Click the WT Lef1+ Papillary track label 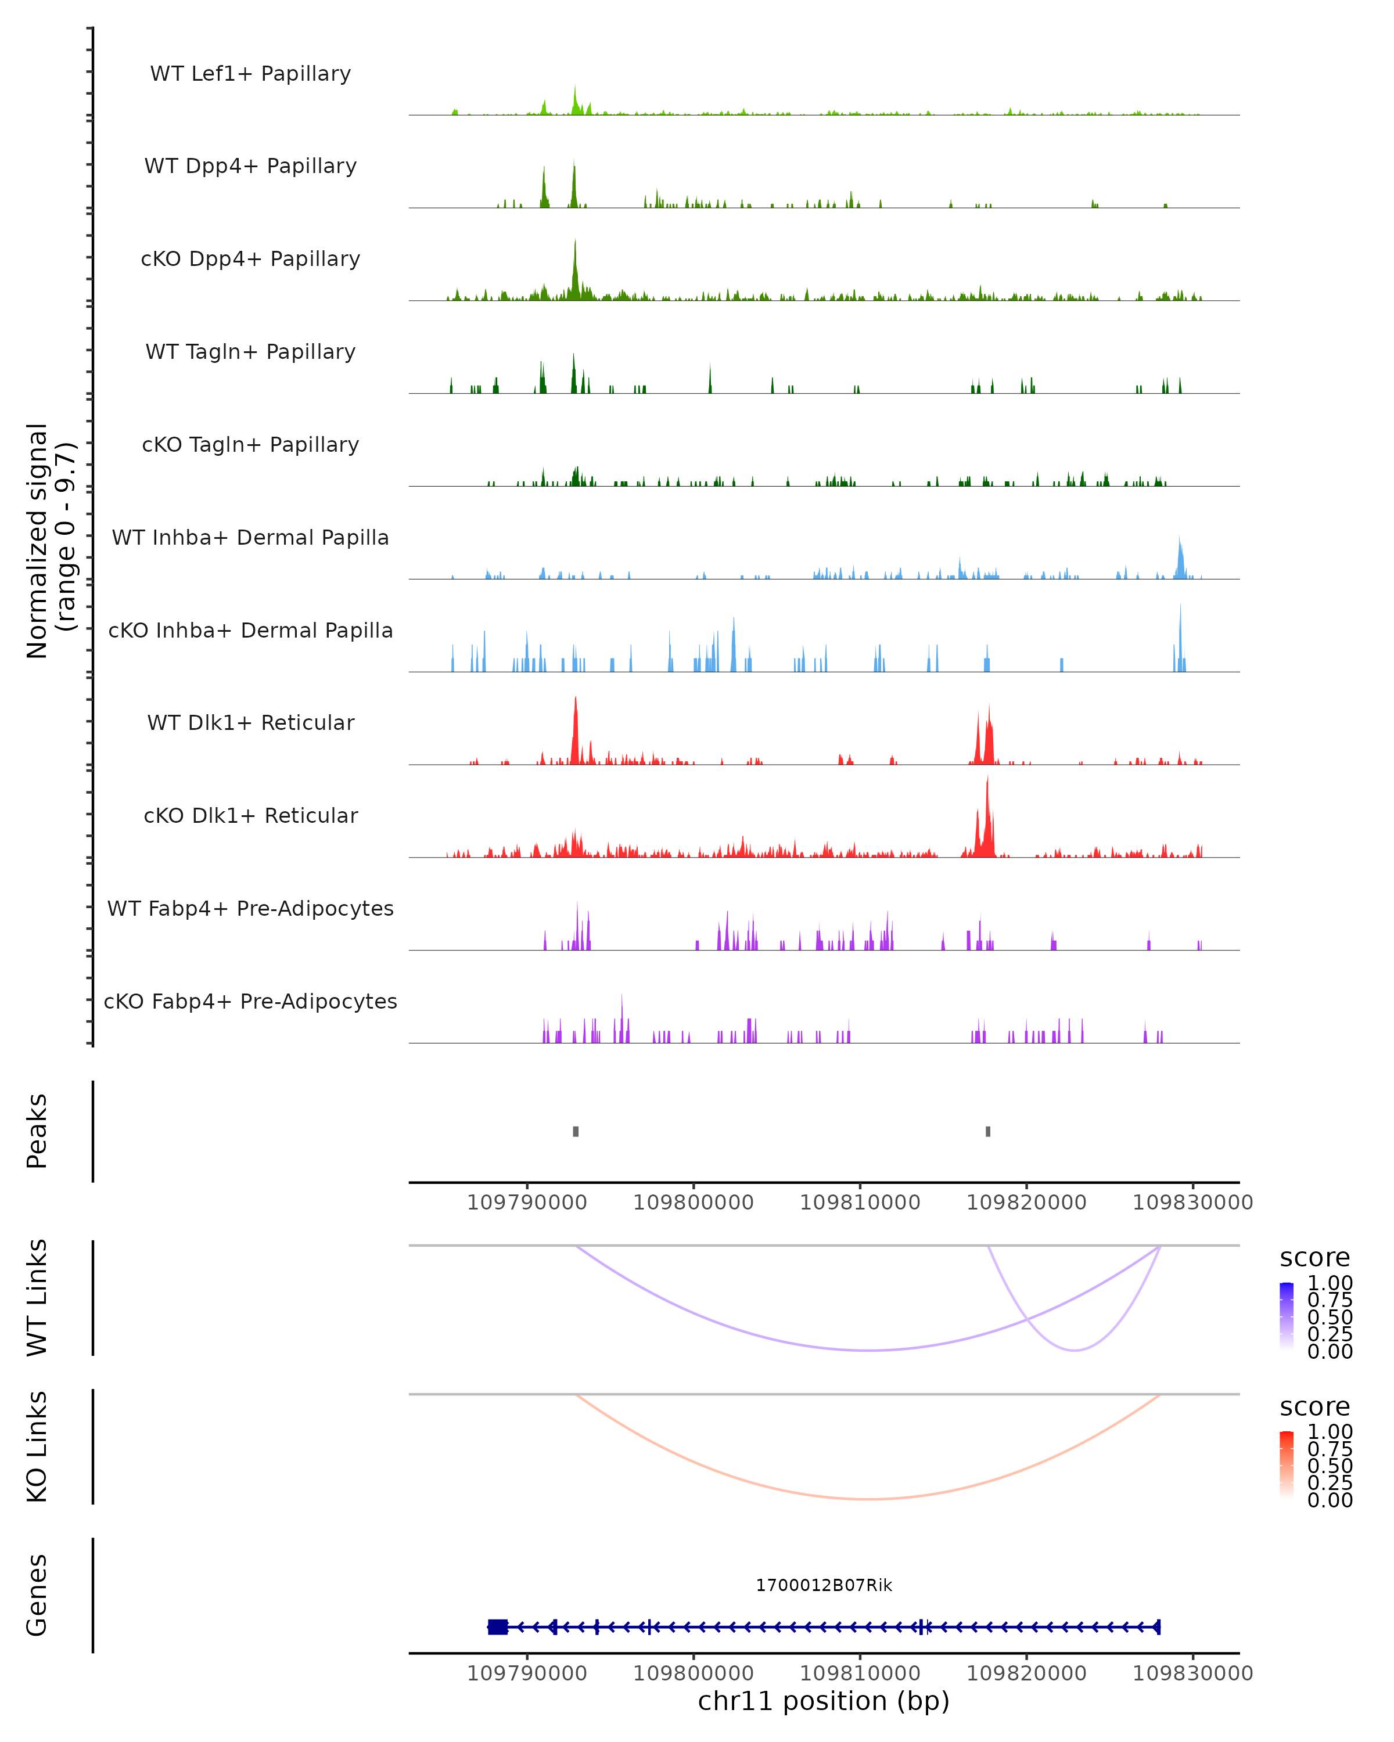click(x=250, y=74)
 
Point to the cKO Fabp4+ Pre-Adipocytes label click(x=250, y=1001)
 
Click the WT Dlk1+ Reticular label click(x=250, y=723)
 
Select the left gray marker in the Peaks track click(x=576, y=1131)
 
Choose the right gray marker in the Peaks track click(x=987, y=1131)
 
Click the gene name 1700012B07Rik click(x=824, y=1585)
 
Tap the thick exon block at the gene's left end click(x=498, y=1627)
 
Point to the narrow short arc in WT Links click(x=1074, y=1350)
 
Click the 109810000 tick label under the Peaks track click(x=860, y=1203)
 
